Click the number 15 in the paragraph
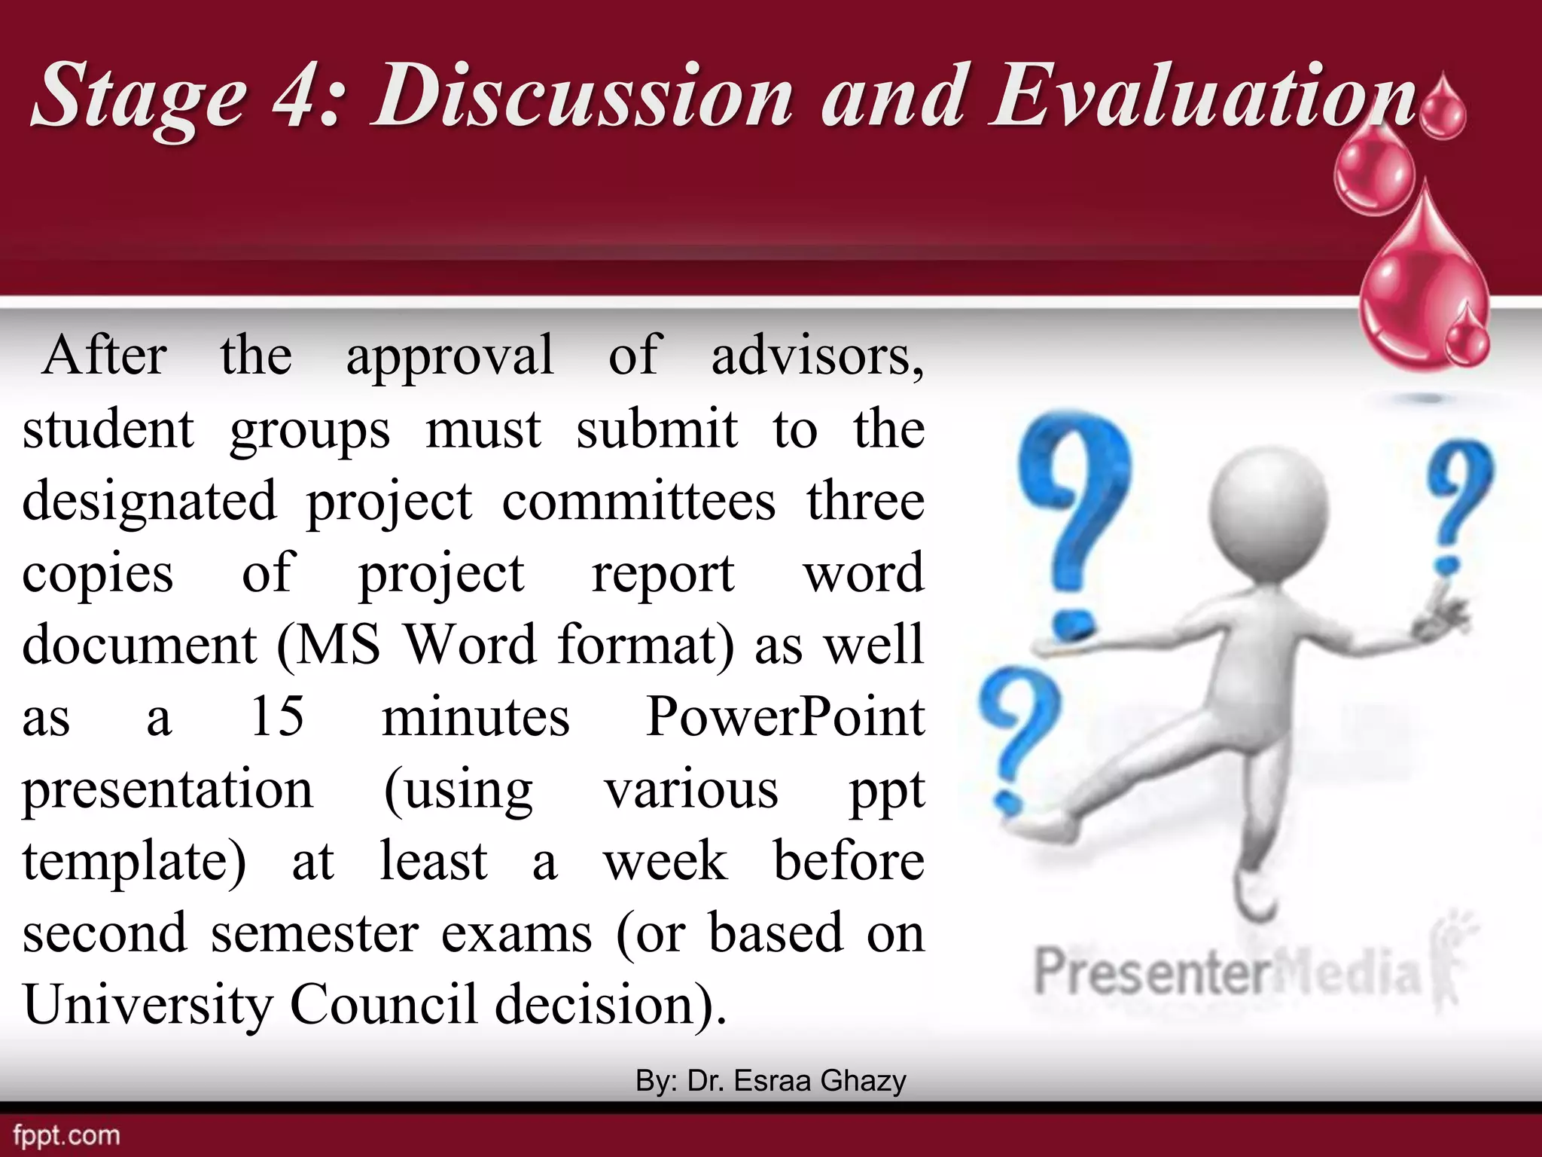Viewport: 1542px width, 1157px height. click(x=277, y=716)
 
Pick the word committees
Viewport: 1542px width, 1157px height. click(x=638, y=502)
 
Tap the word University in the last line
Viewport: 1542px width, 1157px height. click(x=146, y=1005)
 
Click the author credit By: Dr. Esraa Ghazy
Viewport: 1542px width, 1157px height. click(x=770, y=1080)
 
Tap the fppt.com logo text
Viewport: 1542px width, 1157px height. click(x=66, y=1135)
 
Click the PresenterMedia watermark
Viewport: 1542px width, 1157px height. click(x=1227, y=972)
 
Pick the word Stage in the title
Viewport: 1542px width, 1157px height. click(x=139, y=96)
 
